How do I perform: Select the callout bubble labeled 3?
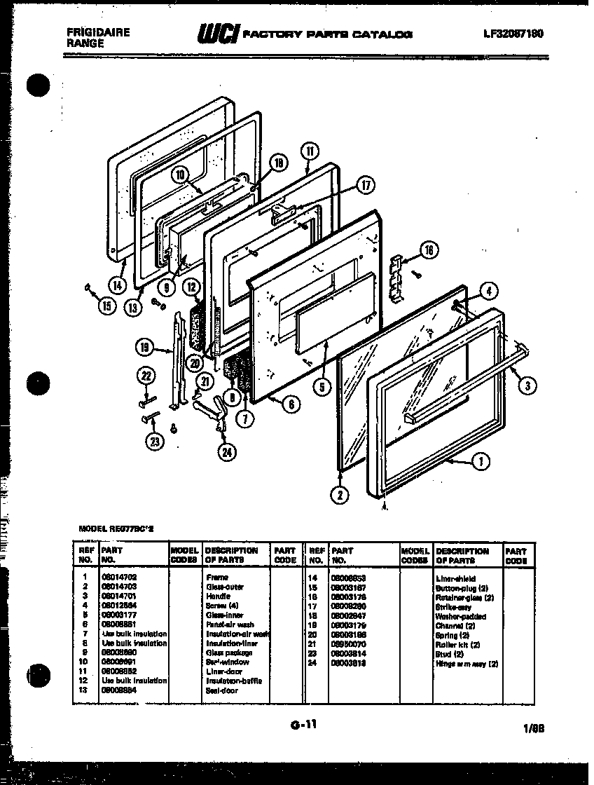coord(530,383)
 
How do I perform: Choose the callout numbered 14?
coord(116,285)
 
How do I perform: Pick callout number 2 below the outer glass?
coord(339,495)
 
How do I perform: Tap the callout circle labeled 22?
coord(146,376)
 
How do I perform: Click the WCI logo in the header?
coord(219,32)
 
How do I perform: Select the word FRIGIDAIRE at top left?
coord(97,32)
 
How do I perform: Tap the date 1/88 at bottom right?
coord(533,728)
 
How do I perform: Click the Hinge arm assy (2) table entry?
coord(467,663)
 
